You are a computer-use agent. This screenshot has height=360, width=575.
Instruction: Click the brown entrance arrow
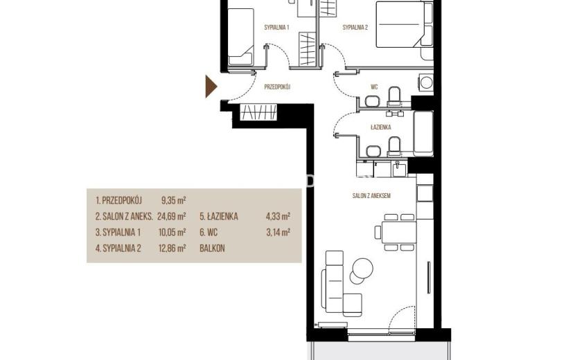tap(211, 87)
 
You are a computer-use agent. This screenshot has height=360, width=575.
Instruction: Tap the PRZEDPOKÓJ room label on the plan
tap(277, 87)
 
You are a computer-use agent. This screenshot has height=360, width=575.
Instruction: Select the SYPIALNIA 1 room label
tap(277, 27)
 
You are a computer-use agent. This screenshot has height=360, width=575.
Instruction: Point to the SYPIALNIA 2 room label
tap(355, 27)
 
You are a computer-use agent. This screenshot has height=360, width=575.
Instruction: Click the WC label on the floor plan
tap(374, 87)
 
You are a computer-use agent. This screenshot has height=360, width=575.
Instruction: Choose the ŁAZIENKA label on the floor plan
tap(380, 127)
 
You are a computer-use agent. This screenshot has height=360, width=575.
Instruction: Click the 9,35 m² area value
tap(173, 201)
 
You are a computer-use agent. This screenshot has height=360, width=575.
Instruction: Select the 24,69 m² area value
tap(171, 216)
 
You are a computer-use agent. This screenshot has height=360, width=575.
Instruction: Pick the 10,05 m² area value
tap(172, 232)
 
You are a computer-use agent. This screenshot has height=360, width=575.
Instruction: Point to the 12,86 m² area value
tap(172, 248)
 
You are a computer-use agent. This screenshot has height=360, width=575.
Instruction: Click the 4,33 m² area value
tap(278, 216)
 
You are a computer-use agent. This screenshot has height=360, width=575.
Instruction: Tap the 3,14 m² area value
tap(278, 232)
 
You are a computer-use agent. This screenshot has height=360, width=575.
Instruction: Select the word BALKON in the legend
tap(212, 248)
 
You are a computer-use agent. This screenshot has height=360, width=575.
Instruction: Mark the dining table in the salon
tap(399, 232)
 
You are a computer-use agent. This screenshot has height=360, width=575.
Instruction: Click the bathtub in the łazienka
tap(423, 134)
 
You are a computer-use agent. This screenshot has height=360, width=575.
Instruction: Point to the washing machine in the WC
tap(426, 82)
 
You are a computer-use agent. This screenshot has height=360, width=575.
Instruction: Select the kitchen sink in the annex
tap(398, 169)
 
